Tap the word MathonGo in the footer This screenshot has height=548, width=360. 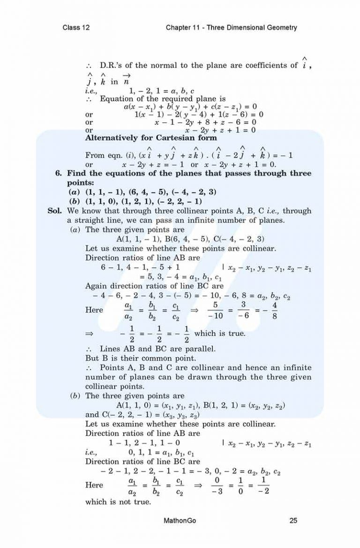(x=180, y=520)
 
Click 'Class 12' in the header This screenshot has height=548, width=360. (x=76, y=28)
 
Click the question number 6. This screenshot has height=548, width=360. (x=58, y=174)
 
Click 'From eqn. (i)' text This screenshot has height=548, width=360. (x=109, y=155)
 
